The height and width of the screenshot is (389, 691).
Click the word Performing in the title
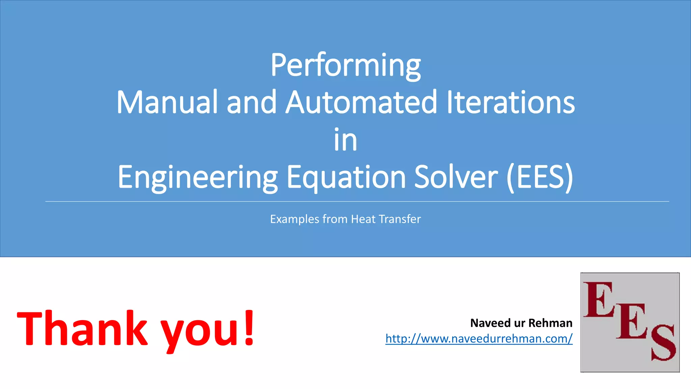click(345, 65)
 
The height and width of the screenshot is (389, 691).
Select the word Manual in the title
click(167, 102)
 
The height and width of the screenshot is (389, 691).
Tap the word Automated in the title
click(361, 102)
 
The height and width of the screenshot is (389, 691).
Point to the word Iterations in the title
click(510, 102)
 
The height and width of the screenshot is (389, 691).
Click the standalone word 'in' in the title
click(345, 140)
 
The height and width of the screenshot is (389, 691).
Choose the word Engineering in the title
click(198, 177)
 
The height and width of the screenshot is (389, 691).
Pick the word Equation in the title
click(346, 177)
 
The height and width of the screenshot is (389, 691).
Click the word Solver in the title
click(456, 177)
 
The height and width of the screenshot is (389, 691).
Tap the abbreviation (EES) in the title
click(540, 177)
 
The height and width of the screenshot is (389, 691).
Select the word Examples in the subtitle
click(295, 219)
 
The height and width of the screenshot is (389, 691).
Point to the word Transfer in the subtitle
click(400, 219)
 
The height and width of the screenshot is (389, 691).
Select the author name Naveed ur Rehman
click(521, 323)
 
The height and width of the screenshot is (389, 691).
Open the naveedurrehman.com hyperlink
click(479, 338)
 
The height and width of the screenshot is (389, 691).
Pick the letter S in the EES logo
click(663, 343)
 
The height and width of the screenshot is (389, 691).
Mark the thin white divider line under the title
click(357, 202)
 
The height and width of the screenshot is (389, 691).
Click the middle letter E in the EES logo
click(632, 321)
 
